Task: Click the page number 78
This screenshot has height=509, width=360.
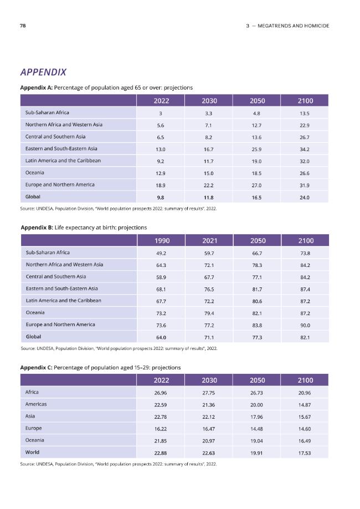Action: point(23,25)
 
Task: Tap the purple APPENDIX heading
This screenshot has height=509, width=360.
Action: point(43,72)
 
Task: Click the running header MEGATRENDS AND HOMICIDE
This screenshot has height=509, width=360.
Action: point(293,25)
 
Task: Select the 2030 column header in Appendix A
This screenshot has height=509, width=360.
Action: point(209,101)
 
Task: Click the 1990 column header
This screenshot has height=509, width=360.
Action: point(162,240)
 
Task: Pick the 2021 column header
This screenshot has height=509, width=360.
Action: point(209,240)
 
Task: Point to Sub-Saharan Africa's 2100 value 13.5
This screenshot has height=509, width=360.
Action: point(305,114)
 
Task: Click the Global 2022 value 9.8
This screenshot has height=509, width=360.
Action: point(161,197)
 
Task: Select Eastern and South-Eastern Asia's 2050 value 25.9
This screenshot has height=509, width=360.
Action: point(256,150)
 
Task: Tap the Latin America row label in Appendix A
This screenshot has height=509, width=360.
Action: point(63,161)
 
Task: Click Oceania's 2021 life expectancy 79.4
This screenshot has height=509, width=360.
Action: point(209,313)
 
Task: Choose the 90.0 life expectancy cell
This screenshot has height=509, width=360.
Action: point(305,325)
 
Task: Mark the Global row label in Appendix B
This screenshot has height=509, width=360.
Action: point(33,337)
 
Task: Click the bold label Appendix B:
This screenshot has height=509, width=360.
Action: point(37,228)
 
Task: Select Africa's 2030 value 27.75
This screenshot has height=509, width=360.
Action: point(208,393)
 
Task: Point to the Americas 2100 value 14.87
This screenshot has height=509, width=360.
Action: point(305,405)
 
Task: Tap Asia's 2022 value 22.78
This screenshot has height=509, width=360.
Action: point(161,417)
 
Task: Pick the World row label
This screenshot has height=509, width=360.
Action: point(32,452)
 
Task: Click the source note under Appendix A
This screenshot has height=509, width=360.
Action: point(118,209)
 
